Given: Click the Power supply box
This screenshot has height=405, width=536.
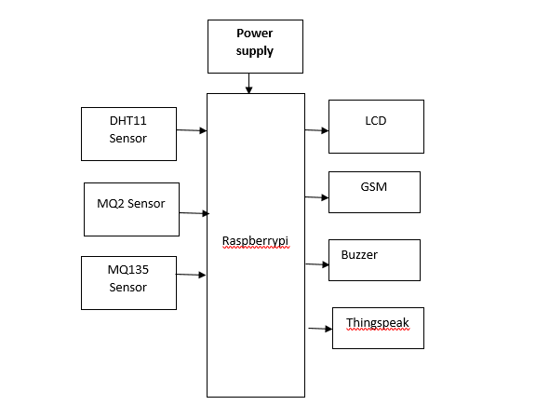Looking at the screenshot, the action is coord(255,47).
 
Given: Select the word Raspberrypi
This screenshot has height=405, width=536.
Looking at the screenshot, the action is coord(255,241).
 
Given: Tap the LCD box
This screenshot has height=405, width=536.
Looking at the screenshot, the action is coord(376,127).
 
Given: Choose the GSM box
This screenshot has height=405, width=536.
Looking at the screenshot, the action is coord(374,192).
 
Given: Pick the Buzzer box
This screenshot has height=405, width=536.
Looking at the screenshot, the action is coord(374,261).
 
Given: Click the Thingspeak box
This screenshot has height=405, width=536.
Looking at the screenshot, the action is coord(378,328).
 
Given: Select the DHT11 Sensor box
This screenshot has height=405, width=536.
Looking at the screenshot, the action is coord(128,134).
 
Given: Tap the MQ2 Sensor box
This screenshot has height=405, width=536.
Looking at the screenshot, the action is coord(131,209).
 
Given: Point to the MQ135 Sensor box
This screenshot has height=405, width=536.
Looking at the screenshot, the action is coord(128,283).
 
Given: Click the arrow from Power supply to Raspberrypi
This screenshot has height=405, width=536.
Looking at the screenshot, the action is coord(248,83).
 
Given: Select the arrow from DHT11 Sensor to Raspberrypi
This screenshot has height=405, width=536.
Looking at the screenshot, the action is coord(192,130).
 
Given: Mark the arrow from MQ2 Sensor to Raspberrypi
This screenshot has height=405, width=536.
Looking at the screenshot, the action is coord(194,213).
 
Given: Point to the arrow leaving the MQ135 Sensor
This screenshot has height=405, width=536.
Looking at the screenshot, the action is coord(191,275).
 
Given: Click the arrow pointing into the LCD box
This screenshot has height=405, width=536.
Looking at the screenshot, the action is coord(316,130).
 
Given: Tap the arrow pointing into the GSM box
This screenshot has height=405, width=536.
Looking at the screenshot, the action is coord(316,197).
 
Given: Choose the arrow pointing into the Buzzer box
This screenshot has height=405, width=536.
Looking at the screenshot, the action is coord(317,264).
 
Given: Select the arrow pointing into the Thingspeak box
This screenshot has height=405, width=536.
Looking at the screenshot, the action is coord(320,329).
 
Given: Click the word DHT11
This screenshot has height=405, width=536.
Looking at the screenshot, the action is coord(127,121).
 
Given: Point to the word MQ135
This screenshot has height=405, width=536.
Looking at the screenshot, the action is coord(128,270).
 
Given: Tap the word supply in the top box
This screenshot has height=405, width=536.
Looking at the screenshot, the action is coord(255,51).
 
